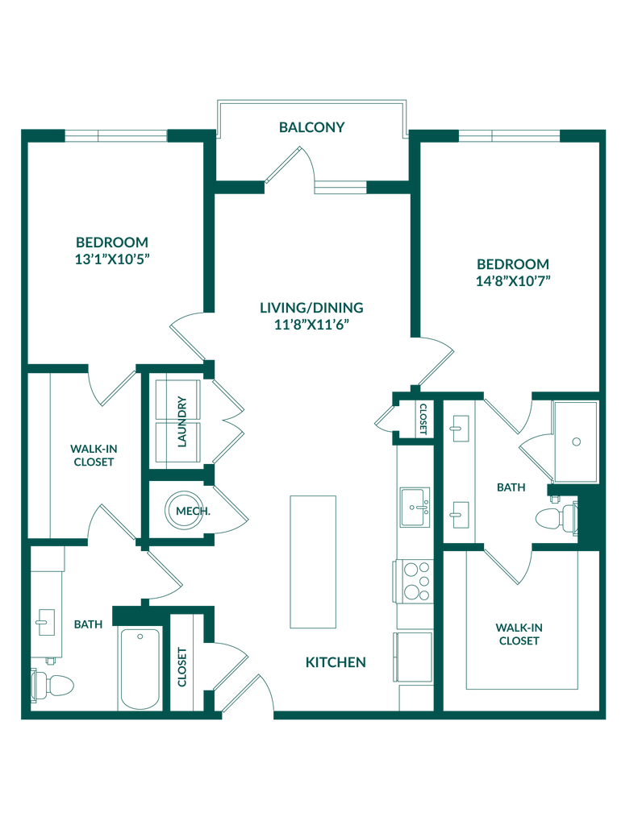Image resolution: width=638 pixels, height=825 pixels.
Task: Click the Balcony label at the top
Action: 312,127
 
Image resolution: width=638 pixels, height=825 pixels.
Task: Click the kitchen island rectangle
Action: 313,562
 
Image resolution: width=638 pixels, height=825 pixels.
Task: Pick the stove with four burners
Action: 416,579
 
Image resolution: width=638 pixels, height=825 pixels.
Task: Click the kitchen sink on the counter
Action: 414,507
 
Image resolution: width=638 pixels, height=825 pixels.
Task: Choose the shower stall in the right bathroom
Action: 576,441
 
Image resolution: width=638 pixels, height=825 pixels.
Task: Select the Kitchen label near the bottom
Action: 336,663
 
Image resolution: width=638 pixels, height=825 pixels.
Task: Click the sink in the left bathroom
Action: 45,622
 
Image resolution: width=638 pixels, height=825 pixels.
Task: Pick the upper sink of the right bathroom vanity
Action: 461,428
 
